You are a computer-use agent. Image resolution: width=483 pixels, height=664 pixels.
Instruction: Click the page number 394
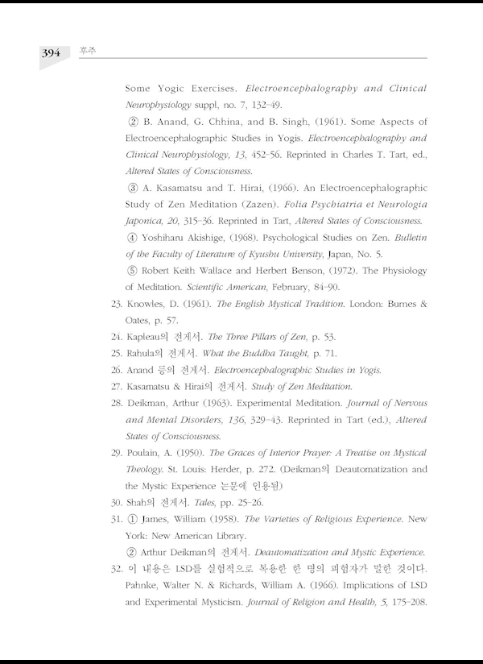coord(50,53)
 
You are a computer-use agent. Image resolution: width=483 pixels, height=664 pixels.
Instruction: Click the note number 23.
coord(117,304)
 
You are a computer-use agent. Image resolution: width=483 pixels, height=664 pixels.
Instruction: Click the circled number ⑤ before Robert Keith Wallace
coord(133,271)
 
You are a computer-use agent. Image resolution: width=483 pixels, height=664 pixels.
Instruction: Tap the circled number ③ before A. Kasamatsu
coord(133,188)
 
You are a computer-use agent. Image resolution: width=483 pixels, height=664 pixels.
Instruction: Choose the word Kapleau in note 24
coord(146,338)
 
